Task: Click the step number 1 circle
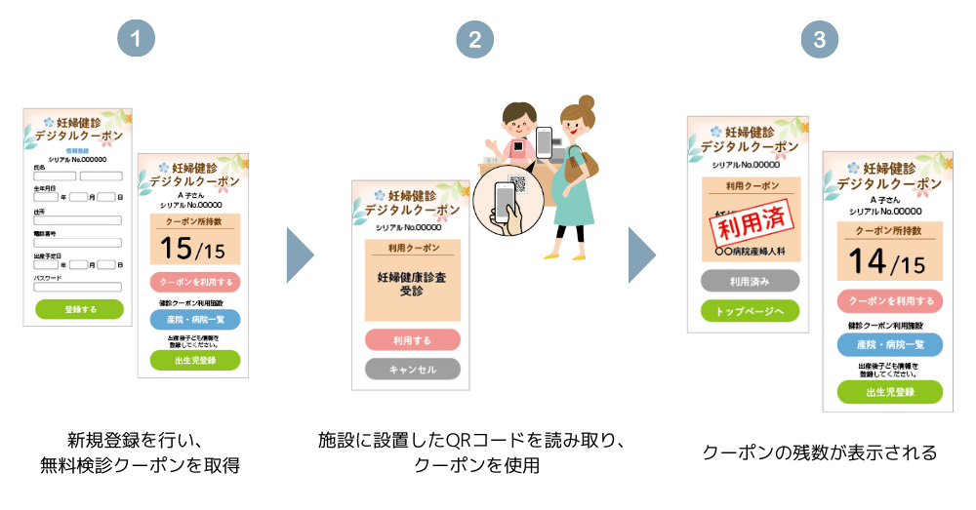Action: coord(137,40)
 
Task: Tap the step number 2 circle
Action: coord(474,40)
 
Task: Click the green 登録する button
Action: coord(79,309)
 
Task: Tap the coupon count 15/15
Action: coord(192,249)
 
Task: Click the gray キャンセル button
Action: coord(412,370)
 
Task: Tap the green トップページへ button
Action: coord(750,311)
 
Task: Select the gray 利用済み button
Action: coord(750,281)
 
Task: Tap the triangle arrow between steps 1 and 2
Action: coord(300,256)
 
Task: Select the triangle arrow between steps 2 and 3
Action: coord(641,256)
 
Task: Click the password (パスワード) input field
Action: coord(77,287)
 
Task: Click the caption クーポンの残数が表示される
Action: coord(820,453)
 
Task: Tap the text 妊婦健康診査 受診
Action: coord(412,284)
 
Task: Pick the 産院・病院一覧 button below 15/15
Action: coord(194,320)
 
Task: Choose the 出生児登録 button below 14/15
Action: coord(889,392)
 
